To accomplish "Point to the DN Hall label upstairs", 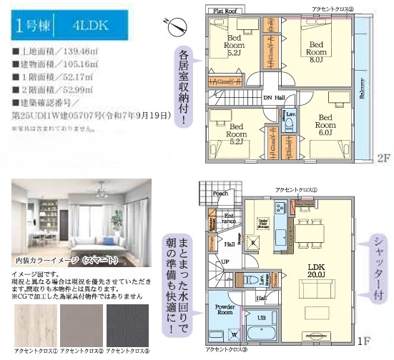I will (274, 98).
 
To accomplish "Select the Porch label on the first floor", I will (221, 193).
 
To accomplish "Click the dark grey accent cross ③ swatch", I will (129, 323).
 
